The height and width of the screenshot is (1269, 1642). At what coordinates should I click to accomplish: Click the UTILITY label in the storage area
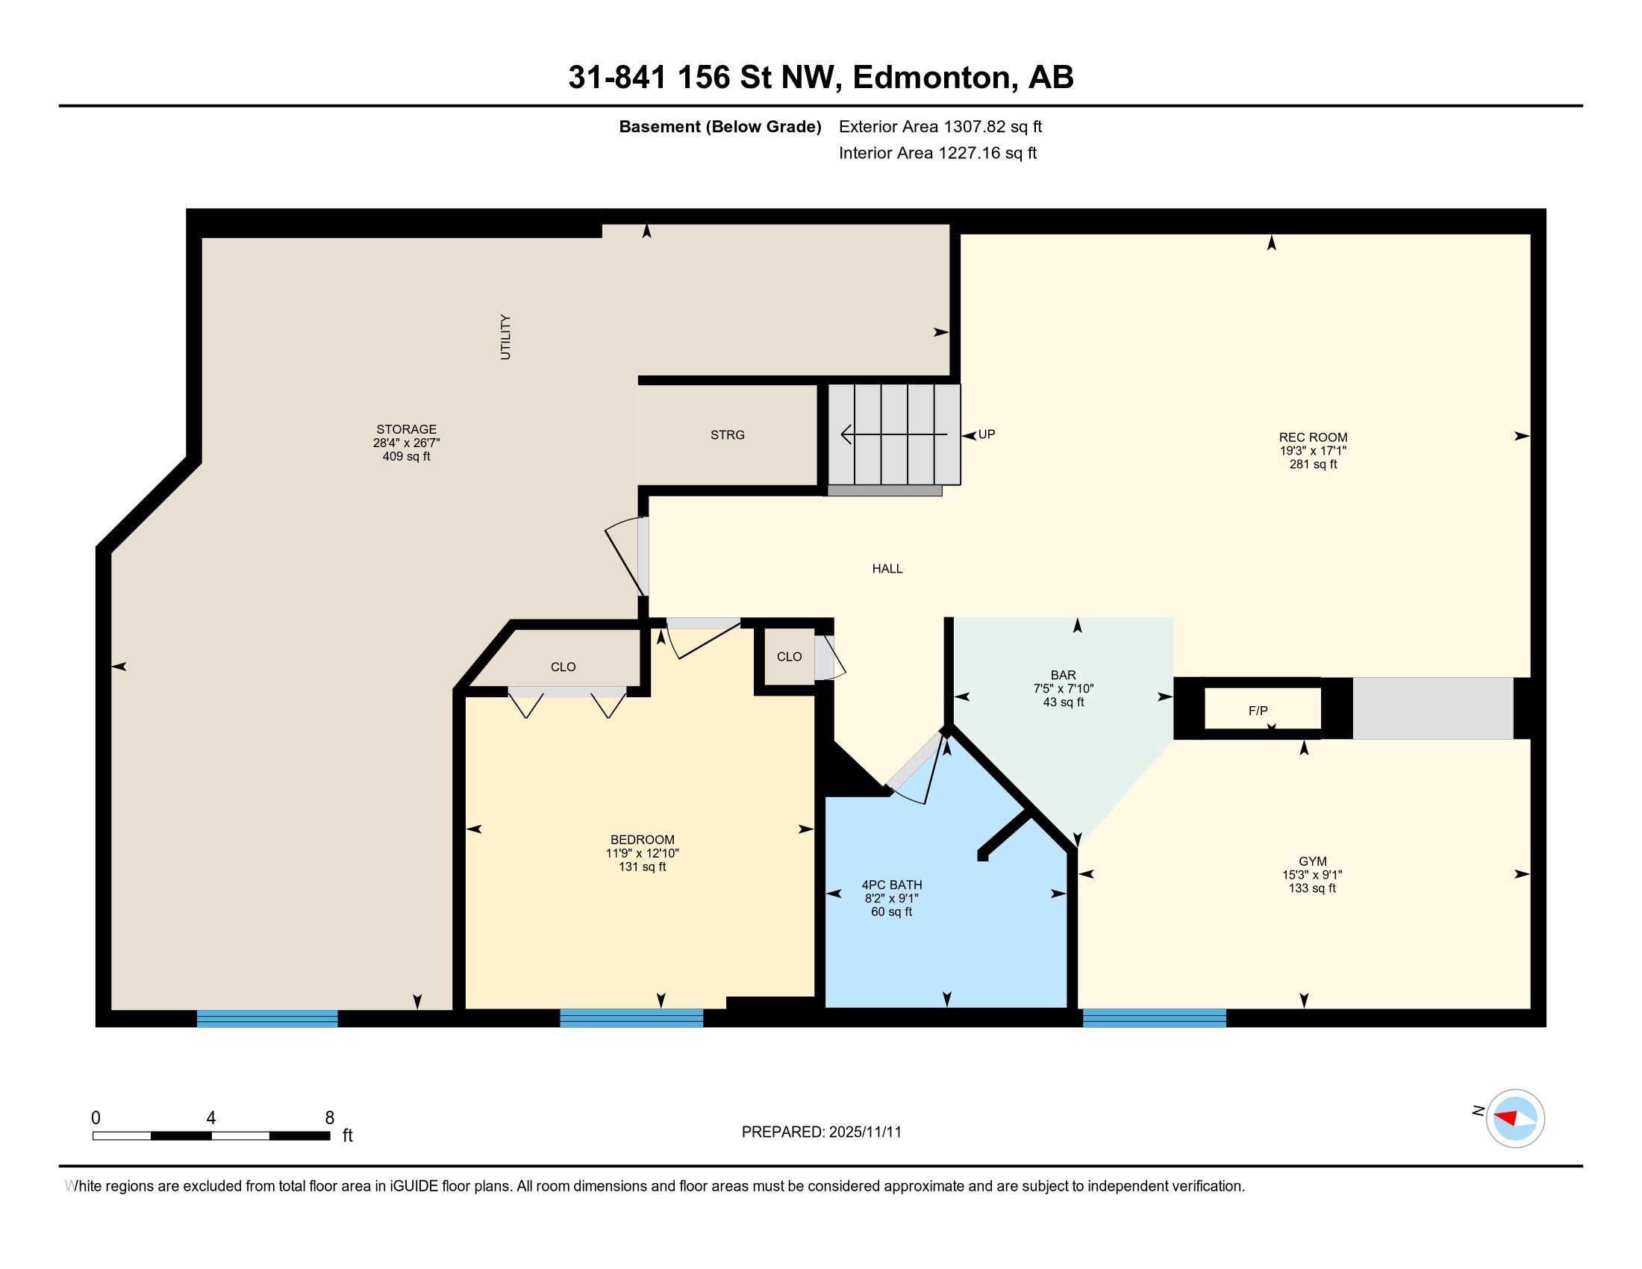click(x=505, y=337)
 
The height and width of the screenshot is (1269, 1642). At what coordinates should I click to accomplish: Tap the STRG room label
click(x=727, y=434)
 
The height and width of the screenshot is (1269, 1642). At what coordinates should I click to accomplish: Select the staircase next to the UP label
click(x=894, y=434)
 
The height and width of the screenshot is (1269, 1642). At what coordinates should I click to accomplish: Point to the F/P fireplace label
click(x=1258, y=711)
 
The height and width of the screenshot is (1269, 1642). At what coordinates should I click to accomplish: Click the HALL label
click(x=887, y=568)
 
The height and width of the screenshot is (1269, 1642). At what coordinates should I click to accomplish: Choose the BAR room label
click(x=1063, y=675)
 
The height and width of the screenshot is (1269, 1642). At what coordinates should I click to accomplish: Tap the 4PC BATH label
click(x=892, y=885)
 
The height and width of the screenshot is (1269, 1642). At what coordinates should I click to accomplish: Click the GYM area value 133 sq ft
click(x=1312, y=888)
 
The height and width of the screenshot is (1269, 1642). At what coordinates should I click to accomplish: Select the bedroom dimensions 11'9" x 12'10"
click(x=642, y=853)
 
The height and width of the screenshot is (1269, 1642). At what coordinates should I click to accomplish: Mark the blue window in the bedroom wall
click(x=631, y=1018)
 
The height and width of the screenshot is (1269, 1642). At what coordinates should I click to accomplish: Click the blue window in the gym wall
click(x=1154, y=1018)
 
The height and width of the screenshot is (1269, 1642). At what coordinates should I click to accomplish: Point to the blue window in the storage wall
click(x=267, y=1018)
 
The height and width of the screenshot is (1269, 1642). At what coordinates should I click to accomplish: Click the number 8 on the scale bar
click(x=329, y=1118)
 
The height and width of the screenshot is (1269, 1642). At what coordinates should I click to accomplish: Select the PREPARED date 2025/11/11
click(x=864, y=1132)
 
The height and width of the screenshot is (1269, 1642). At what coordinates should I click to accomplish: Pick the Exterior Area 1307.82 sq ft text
click(x=940, y=126)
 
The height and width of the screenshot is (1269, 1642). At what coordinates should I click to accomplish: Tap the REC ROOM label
click(x=1313, y=437)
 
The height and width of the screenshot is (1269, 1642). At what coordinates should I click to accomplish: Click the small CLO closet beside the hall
click(x=790, y=656)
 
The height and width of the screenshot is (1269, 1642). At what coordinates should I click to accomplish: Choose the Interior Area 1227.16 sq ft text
click(x=937, y=152)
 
